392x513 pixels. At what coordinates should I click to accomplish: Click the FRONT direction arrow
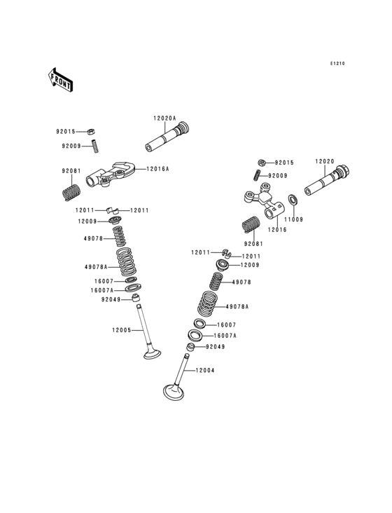[x=60, y=80]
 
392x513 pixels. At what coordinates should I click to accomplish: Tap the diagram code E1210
[x=337, y=64]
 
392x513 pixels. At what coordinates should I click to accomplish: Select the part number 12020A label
[x=164, y=118]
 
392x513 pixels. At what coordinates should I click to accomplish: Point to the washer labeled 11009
[x=293, y=199]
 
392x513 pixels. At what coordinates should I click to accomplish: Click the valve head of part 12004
[x=173, y=392]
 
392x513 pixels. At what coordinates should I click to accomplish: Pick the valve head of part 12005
[x=152, y=354]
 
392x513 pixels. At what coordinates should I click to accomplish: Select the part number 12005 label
[x=122, y=330]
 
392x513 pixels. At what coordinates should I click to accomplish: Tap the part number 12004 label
[x=205, y=370]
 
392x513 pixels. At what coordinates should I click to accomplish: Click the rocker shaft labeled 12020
[x=328, y=181]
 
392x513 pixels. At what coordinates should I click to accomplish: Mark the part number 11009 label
[x=293, y=219]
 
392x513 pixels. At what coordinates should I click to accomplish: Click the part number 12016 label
[x=277, y=230]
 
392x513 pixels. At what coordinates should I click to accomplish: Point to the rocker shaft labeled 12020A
[x=167, y=137]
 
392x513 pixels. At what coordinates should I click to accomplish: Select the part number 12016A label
[x=157, y=169]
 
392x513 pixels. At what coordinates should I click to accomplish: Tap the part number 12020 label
[x=325, y=161]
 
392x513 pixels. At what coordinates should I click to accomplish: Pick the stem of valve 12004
[x=181, y=370]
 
